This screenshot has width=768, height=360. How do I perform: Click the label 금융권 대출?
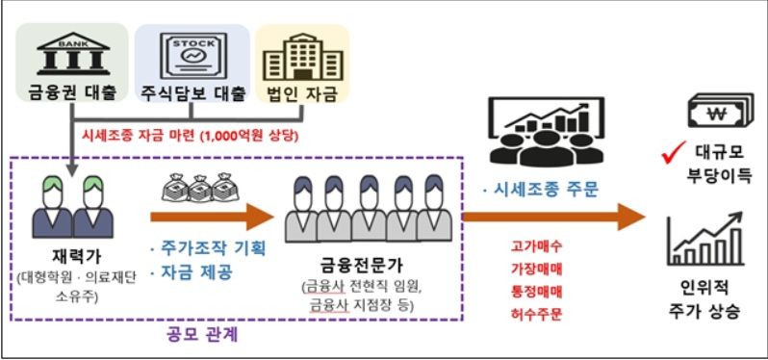68,96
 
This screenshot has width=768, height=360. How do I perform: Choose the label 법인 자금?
300,96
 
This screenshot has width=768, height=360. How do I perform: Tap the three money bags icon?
199,186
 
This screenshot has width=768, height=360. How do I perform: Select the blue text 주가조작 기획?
210,247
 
